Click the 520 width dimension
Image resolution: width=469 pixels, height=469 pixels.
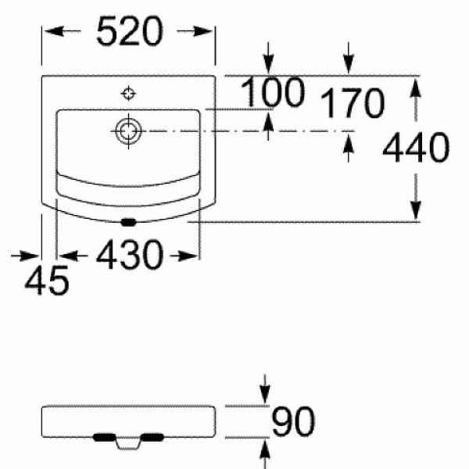click(129, 32)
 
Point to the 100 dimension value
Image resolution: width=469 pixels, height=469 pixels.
click(271, 95)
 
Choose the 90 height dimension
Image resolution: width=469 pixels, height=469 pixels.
click(293, 421)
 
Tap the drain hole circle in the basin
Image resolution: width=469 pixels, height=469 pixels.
click(127, 131)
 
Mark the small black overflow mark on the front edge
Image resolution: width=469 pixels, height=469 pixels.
click(128, 220)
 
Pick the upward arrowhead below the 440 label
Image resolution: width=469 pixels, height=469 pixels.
click(416, 209)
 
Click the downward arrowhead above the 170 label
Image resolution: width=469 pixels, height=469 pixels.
click(348, 66)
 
